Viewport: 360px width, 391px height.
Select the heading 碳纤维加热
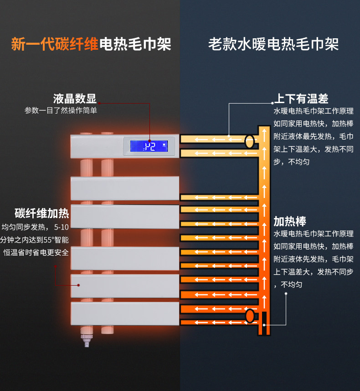(x=41, y=213)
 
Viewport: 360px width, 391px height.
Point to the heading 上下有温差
(x=301, y=99)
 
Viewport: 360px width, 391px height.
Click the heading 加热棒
(x=289, y=222)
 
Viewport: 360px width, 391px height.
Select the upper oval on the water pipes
(x=249, y=141)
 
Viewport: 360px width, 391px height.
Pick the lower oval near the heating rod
(x=250, y=315)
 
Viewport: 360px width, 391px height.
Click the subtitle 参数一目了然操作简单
(x=61, y=110)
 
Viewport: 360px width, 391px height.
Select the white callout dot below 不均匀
(x=286, y=294)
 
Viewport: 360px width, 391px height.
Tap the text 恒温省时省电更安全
(x=36, y=252)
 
